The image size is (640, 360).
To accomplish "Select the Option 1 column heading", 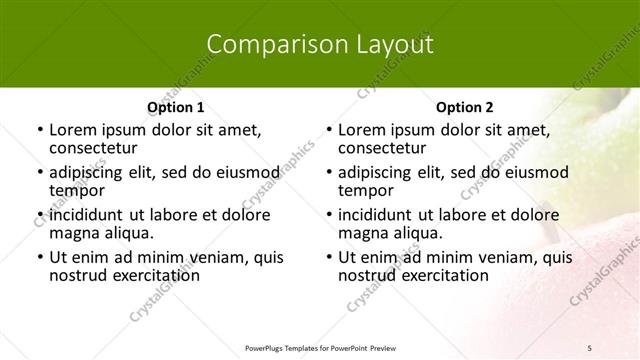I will tap(175, 106).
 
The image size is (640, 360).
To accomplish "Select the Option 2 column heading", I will tap(464, 106).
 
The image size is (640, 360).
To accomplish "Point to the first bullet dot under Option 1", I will tap(39, 130).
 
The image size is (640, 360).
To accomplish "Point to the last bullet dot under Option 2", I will tap(328, 257).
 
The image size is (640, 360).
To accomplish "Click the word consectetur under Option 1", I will tap(92, 148).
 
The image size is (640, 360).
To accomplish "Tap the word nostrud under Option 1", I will tap(77, 275).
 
